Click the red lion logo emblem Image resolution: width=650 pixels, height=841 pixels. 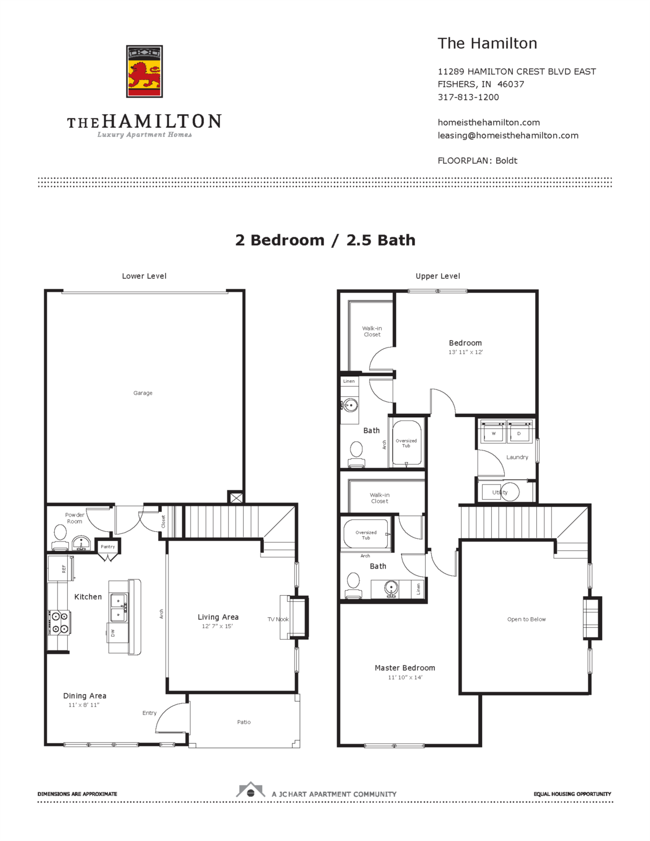point(144,71)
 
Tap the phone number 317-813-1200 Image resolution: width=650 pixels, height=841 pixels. point(468,97)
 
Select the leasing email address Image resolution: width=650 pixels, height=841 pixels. point(508,135)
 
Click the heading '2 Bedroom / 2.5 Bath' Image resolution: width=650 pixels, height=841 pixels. point(325,240)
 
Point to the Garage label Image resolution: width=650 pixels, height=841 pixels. point(143,393)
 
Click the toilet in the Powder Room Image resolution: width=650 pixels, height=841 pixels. point(60,535)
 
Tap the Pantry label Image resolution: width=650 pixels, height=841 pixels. point(108,546)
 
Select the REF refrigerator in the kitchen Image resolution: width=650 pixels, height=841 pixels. point(61,569)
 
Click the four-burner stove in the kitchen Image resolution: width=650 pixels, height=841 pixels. point(58,622)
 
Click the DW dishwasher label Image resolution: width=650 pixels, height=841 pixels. point(113,632)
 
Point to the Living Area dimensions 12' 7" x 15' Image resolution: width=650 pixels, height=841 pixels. point(217,626)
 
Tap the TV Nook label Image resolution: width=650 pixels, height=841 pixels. point(278,619)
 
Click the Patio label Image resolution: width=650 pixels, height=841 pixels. point(244,722)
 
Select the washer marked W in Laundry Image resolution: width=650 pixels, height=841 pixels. point(493,433)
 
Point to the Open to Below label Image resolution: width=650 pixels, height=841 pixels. point(526,619)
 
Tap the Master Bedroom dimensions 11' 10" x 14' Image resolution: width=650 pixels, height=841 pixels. point(405,677)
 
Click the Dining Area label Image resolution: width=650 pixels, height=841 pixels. point(84,696)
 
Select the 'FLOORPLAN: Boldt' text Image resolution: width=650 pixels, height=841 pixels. point(477,161)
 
